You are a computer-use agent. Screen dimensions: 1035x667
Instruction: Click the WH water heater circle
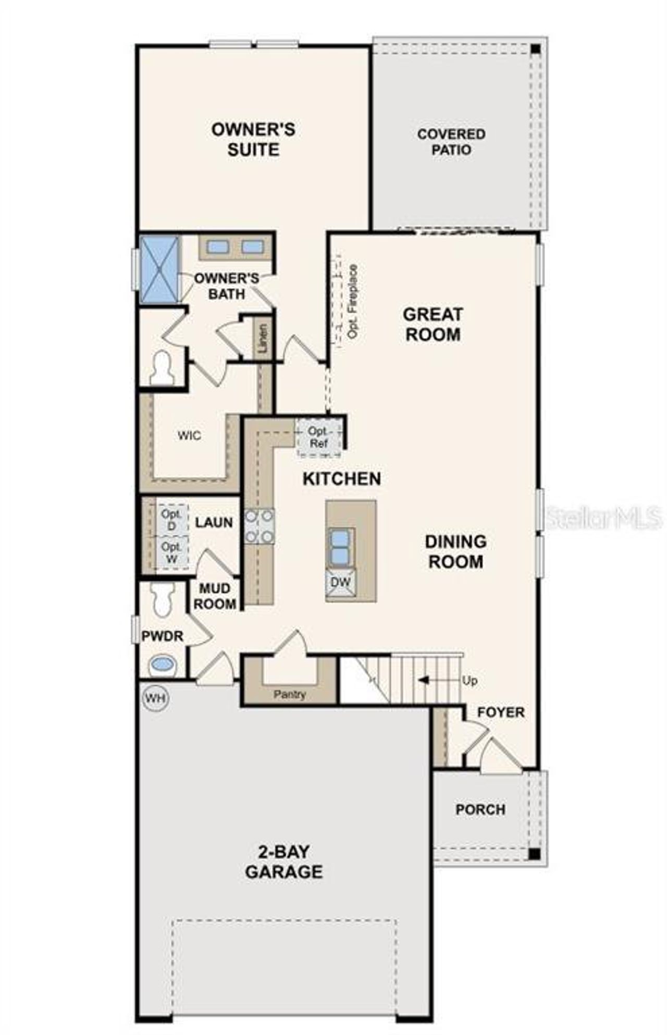click(x=155, y=698)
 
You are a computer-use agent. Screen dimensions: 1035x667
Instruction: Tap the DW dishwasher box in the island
click(x=340, y=582)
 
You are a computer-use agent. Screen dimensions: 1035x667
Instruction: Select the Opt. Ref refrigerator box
click(x=318, y=438)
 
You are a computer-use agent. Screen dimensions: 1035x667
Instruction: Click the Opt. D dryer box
click(x=171, y=520)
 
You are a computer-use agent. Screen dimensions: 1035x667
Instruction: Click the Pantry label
click(x=290, y=694)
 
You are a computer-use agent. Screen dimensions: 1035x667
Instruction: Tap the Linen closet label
click(x=264, y=338)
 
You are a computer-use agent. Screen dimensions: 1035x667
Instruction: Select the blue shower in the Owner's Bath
click(x=159, y=269)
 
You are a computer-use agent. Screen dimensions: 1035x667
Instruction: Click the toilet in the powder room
click(x=163, y=599)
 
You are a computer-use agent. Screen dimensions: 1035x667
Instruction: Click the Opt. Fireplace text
click(x=353, y=302)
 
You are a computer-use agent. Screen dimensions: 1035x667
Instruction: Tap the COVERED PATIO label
click(x=451, y=142)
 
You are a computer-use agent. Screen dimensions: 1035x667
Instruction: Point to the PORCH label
click(x=480, y=809)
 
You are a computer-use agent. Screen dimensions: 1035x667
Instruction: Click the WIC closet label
click(x=189, y=435)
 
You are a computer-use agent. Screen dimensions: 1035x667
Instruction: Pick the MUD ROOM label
click(x=215, y=596)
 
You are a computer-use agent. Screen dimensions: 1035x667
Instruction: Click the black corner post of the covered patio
click(x=535, y=49)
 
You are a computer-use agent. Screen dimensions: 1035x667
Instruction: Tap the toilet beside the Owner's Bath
click(x=162, y=368)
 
